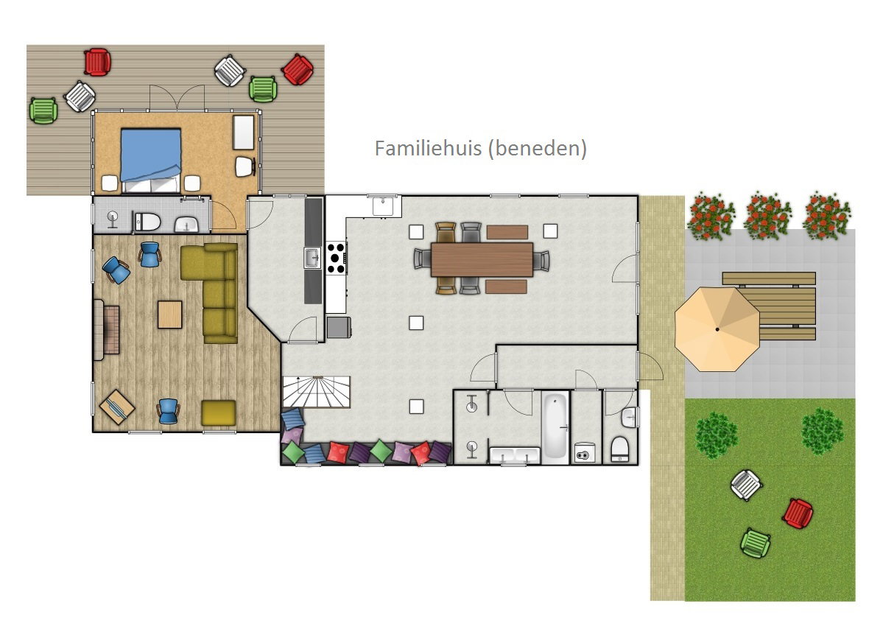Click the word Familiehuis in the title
[428, 148]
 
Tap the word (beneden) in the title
[537, 149]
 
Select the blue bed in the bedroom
[151, 160]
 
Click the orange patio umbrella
[717, 328]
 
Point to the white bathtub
[555, 426]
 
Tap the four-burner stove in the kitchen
[337, 258]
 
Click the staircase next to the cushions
[317, 391]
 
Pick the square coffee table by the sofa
[169, 315]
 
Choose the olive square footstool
[219, 412]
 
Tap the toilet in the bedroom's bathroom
[147, 222]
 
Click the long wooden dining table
[482, 259]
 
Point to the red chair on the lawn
[798, 513]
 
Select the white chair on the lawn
[746, 485]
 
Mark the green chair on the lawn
[755, 543]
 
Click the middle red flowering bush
[767, 216]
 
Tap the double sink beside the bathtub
[515, 455]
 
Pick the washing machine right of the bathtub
[585, 453]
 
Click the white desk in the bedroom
[244, 133]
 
